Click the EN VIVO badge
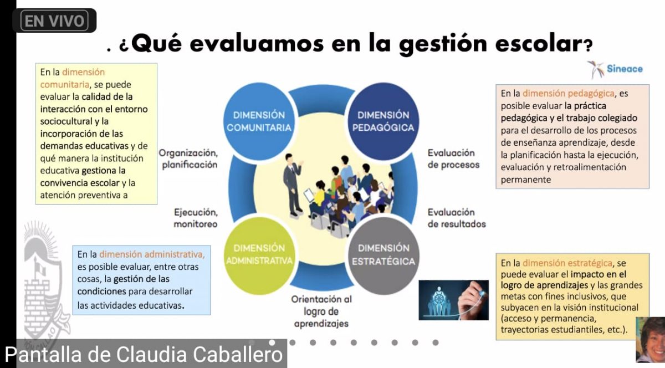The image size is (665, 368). (x=54, y=21)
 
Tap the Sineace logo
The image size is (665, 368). (x=615, y=69)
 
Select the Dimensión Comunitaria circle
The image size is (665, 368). (x=259, y=121)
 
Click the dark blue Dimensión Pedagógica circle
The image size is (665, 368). (x=383, y=121)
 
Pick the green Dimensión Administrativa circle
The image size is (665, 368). (x=259, y=255)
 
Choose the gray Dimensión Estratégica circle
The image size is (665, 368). (x=383, y=255)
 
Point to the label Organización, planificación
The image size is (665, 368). (x=188, y=159)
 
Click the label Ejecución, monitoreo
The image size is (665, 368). (x=196, y=218)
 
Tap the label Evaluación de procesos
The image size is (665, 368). (x=454, y=159)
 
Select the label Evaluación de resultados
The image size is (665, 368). (x=457, y=218)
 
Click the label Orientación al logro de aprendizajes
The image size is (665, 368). (x=321, y=311)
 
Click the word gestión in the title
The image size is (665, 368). (x=443, y=44)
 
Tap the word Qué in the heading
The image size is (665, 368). (x=156, y=44)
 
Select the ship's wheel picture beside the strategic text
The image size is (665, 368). (x=454, y=300)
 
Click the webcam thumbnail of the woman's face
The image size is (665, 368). (x=650, y=340)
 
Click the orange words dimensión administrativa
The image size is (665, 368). (x=152, y=254)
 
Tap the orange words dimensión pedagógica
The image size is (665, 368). (x=568, y=94)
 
